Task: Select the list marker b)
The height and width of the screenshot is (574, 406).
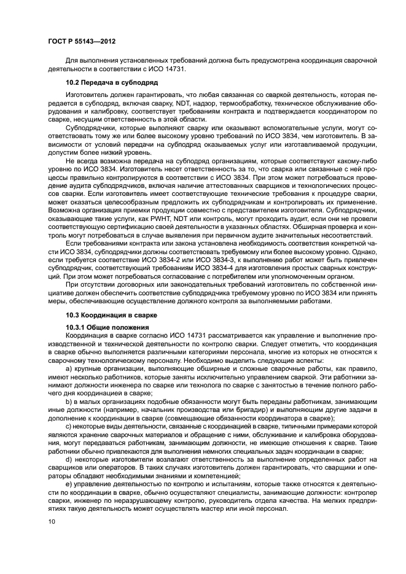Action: [69, 400]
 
